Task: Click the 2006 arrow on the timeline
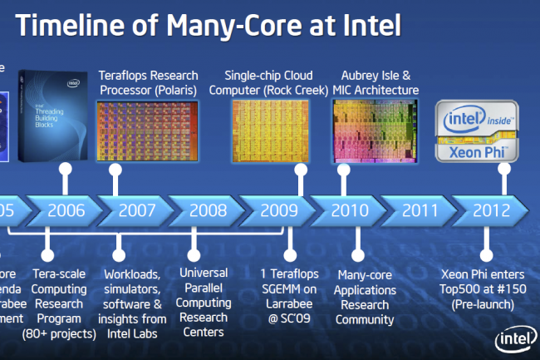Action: [66, 210]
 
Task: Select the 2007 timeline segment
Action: [136, 210]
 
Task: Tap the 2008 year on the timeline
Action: [208, 210]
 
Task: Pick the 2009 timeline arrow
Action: [278, 210]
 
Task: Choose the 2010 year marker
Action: [350, 210]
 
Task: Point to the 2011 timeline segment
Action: [420, 210]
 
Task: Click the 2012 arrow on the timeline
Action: [491, 210]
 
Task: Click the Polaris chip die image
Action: [147, 130]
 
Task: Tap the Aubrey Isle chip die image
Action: [366, 130]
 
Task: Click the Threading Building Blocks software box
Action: [54, 116]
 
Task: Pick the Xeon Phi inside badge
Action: [479, 131]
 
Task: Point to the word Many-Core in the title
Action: [246, 27]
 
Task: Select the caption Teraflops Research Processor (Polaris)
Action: [148, 82]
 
